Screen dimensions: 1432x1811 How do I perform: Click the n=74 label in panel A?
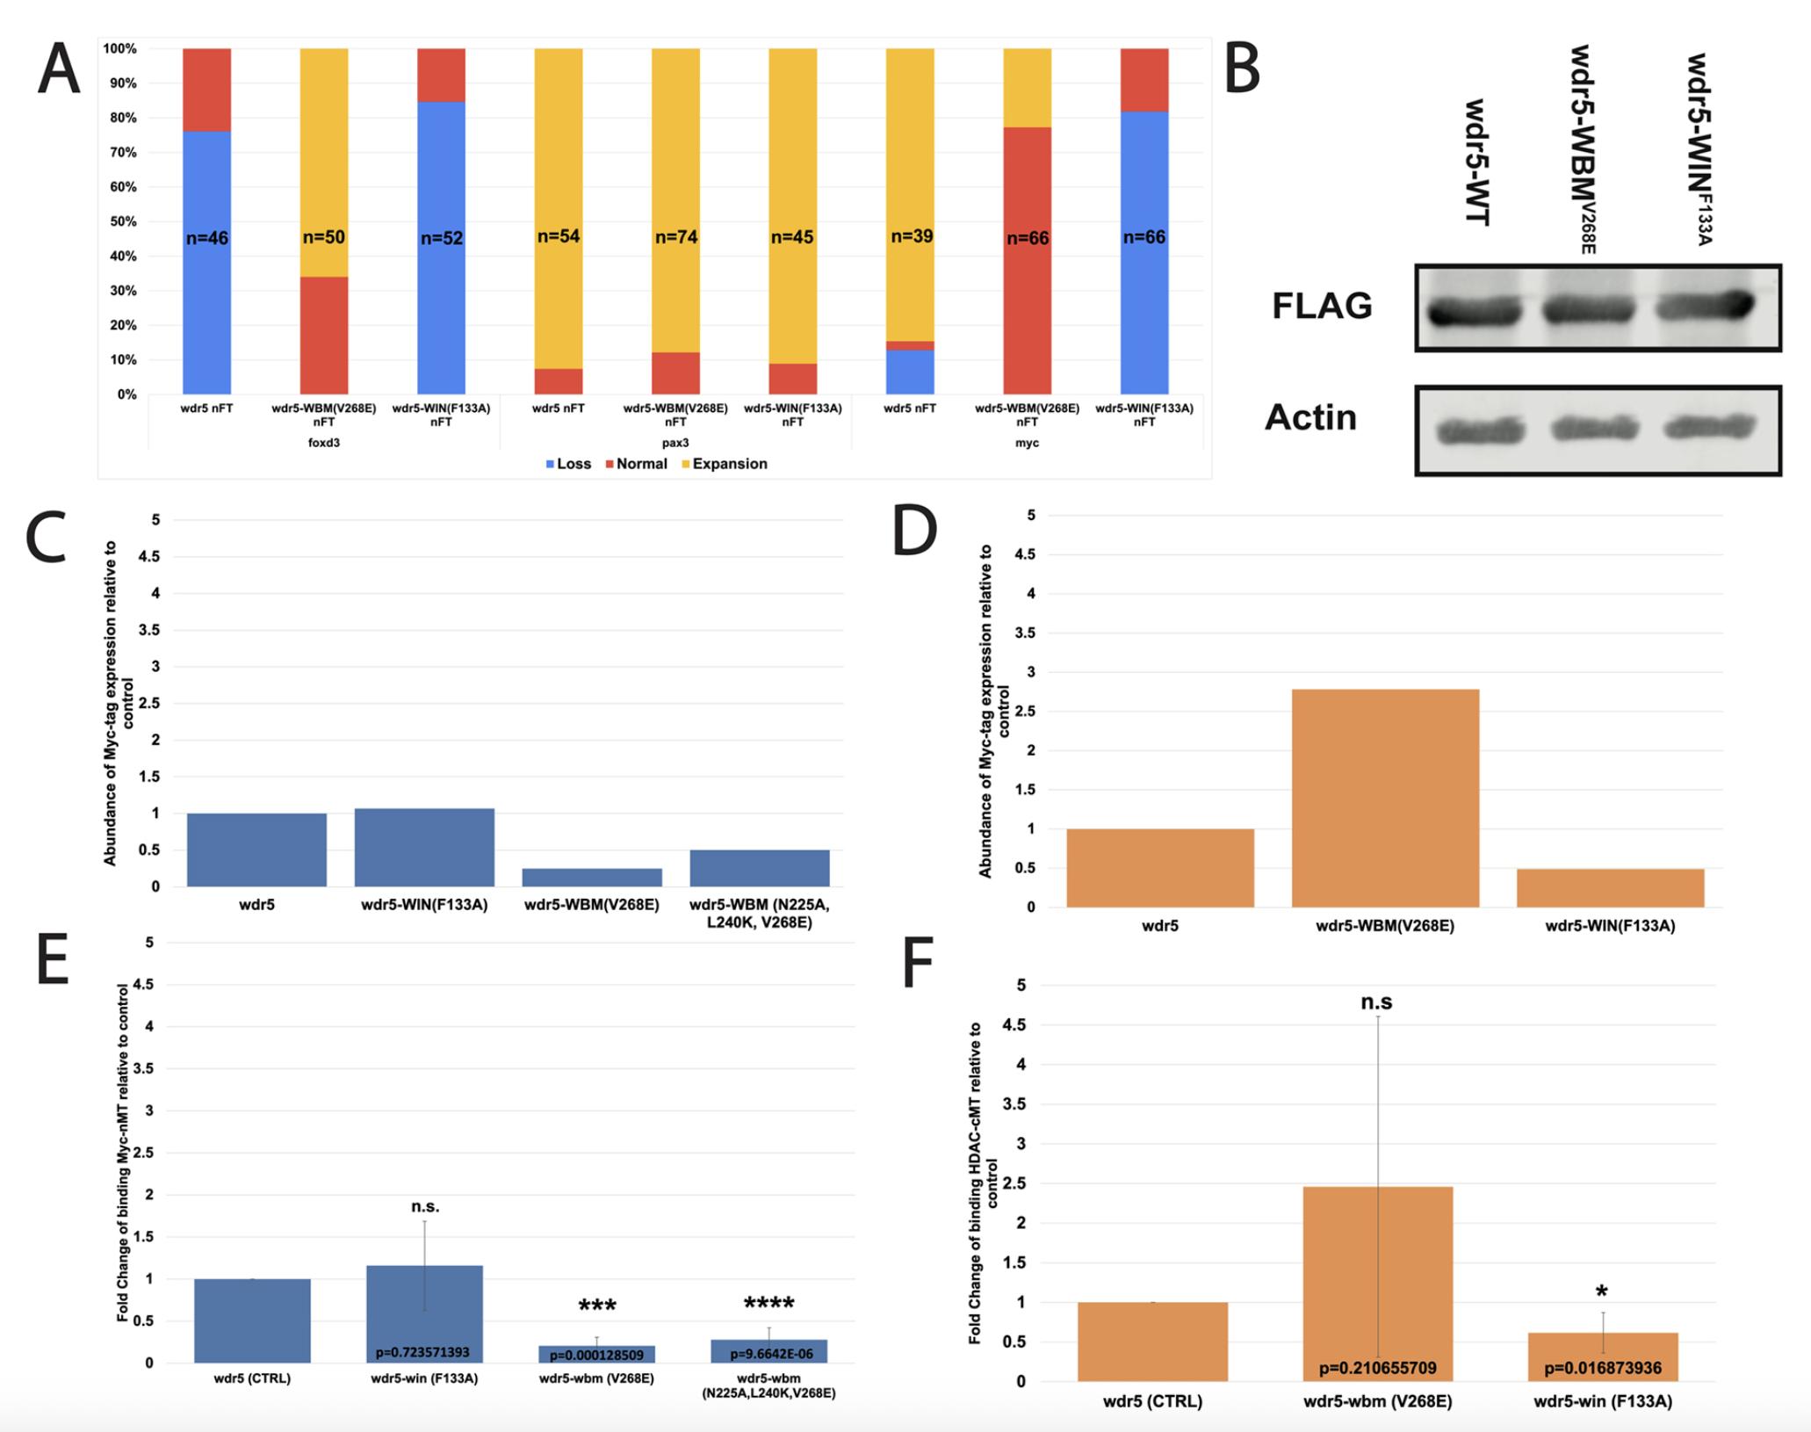(x=675, y=237)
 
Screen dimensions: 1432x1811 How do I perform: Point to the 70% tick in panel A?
(x=120, y=152)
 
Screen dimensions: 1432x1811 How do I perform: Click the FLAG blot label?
(x=1322, y=306)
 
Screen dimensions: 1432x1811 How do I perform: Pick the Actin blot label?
(x=1310, y=417)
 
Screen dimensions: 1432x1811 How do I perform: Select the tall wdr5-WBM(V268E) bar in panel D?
(x=1385, y=797)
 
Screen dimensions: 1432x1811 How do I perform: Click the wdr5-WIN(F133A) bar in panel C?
(x=424, y=847)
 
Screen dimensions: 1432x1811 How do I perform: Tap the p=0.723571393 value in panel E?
(x=422, y=1352)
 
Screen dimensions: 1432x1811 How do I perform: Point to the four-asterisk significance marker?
(x=768, y=1305)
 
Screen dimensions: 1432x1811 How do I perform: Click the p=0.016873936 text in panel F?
(x=1603, y=1368)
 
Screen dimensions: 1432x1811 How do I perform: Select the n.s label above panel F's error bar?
(x=1376, y=1002)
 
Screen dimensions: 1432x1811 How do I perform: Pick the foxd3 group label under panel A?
(x=323, y=443)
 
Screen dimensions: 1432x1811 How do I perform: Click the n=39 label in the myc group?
(x=912, y=236)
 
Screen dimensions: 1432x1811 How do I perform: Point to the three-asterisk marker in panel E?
(x=597, y=1306)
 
